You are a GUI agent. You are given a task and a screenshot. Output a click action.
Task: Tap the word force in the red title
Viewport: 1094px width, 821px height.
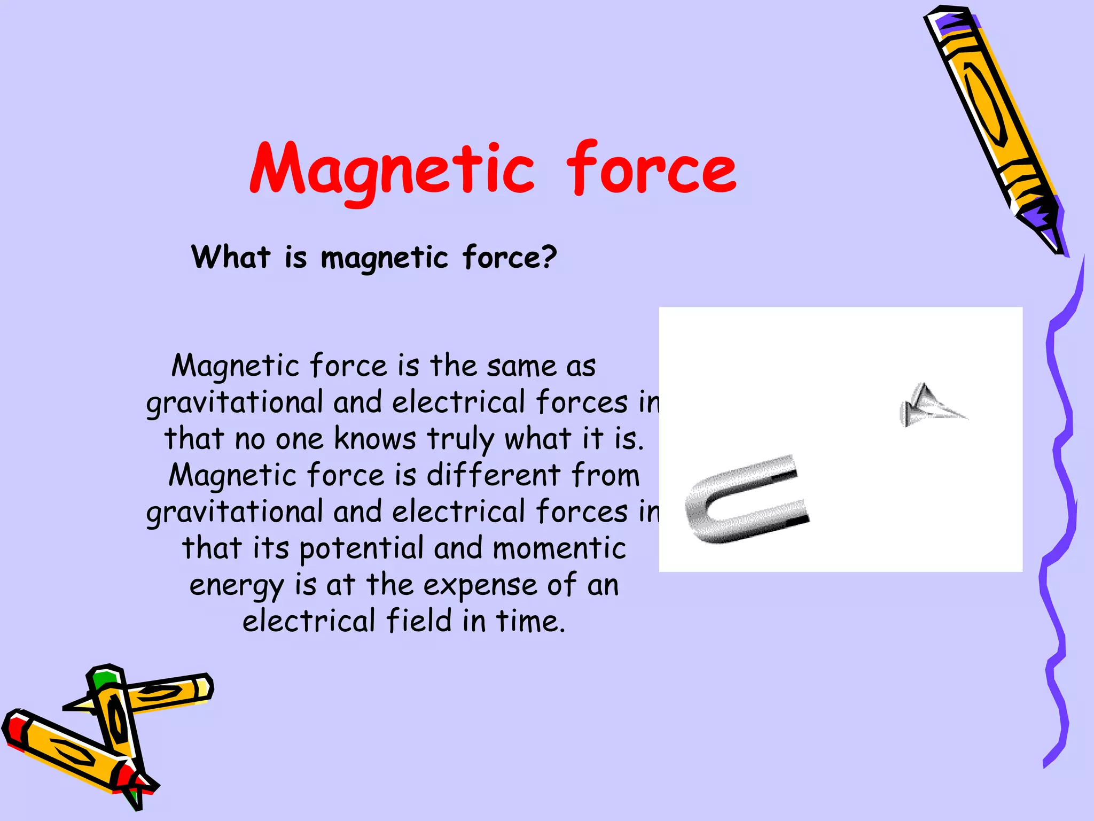(x=651, y=168)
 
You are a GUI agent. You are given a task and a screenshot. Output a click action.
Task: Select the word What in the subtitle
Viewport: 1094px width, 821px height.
(x=231, y=257)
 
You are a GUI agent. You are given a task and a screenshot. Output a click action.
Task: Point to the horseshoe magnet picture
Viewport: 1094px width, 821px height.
(x=745, y=500)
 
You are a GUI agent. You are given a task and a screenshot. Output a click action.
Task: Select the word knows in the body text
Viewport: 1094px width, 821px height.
(x=374, y=439)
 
